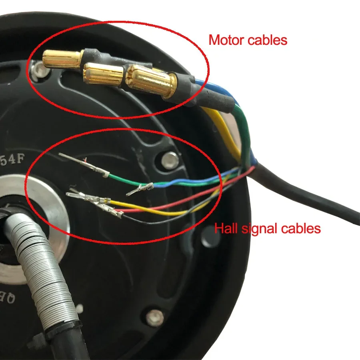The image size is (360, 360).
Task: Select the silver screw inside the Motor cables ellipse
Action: click(39, 70)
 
